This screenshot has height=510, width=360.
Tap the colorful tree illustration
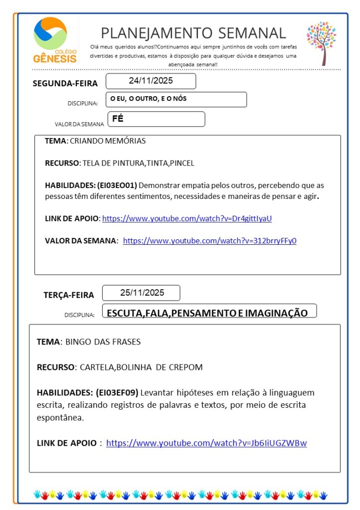(x=322, y=42)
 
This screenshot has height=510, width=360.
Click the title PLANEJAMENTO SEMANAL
(x=193, y=33)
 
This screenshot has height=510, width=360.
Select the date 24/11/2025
(x=151, y=81)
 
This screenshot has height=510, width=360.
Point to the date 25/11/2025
(x=142, y=293)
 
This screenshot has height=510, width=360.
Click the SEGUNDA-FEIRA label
(x=65, y=83)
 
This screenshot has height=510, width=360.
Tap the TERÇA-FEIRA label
(x=69, y=295)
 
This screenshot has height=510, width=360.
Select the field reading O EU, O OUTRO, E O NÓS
(x=149, y=99)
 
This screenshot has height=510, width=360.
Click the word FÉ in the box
(x=118, y=119)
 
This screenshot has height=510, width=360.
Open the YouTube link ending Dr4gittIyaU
(x=186, y=218)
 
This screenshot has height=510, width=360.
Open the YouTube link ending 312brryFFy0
(x=209, y=241)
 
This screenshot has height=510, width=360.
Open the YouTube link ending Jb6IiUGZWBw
(x=206, y=443)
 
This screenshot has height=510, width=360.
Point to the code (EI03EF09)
(x=117, y=392)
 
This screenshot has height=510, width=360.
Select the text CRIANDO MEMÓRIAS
(x=108, y=141)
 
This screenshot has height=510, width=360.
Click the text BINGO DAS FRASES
(x=103, y=342)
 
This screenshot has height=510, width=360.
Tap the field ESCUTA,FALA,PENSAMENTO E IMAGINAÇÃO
(x=207, y=313)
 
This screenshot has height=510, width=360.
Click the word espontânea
(x=60, y=418)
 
